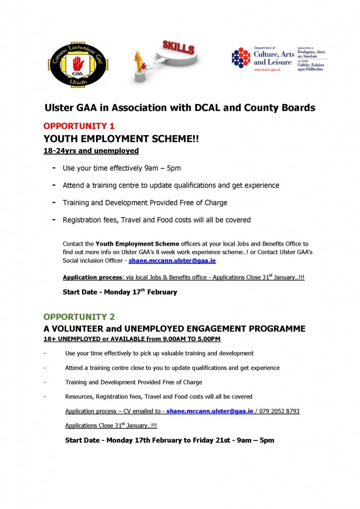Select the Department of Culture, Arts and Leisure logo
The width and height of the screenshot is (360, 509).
279,59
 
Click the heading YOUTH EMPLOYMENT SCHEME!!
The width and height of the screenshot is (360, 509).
121,139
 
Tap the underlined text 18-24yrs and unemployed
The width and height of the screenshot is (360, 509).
91,151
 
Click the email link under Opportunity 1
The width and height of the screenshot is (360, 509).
172,260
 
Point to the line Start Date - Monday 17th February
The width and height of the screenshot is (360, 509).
120,292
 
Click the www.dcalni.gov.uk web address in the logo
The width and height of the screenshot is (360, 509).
268,70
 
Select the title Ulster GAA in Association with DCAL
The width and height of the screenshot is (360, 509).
180,107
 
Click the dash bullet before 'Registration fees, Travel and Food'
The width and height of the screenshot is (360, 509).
53,219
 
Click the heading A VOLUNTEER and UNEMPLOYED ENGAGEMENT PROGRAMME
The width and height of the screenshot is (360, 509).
174,329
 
